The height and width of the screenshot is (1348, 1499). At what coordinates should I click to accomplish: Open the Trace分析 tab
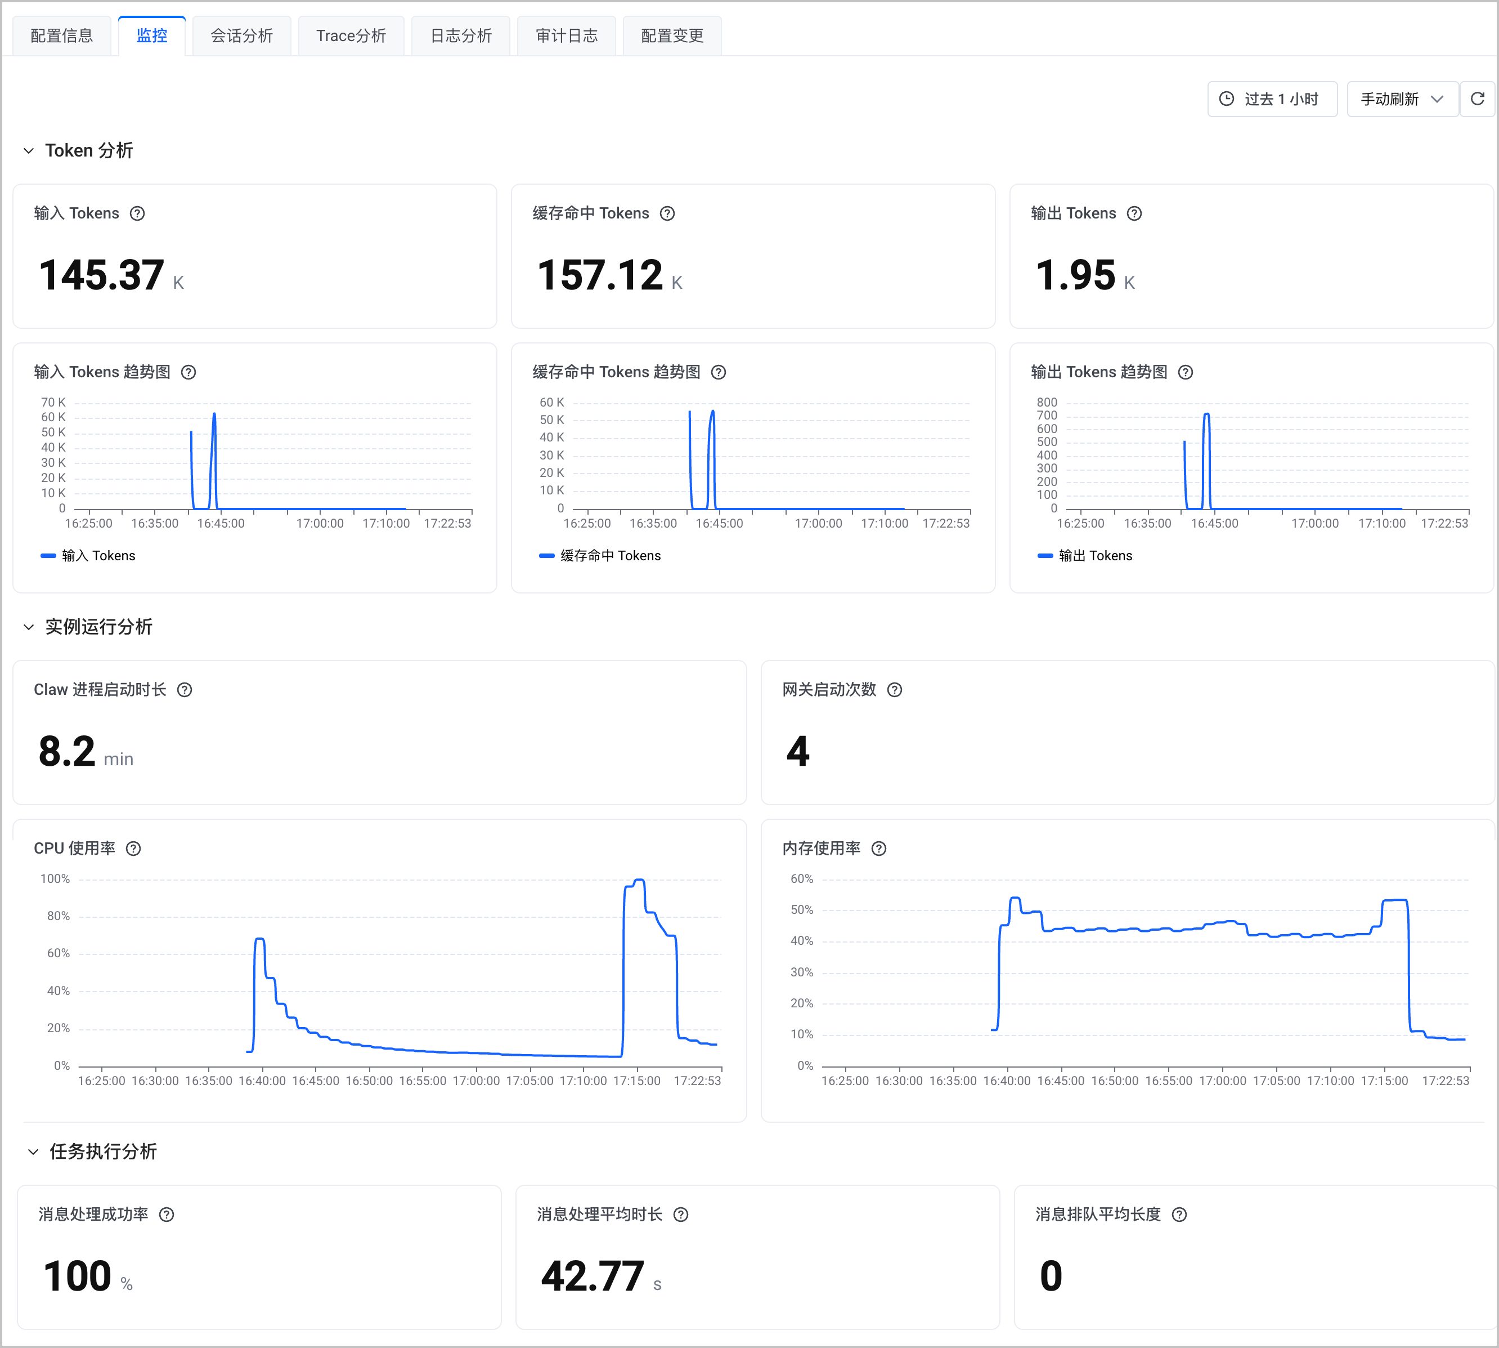point(351,35)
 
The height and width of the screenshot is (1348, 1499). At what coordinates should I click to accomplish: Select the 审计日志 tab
point(566,35)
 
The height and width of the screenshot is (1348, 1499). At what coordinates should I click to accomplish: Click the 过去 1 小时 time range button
point(1272,99)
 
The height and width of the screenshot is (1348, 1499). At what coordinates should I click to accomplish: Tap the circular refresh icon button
point(1478,99)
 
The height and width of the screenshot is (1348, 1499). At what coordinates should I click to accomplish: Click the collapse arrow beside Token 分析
point(29,151)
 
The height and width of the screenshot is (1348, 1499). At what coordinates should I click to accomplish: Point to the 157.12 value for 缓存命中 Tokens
point(600,275)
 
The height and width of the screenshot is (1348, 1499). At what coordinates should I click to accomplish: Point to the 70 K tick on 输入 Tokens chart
point(53,402)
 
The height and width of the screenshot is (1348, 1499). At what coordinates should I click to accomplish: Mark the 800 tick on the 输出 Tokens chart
point(1047,402)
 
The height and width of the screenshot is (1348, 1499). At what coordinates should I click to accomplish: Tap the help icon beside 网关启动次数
point(895,690)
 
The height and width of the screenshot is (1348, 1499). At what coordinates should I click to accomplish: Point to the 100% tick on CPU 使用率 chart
point(55,879)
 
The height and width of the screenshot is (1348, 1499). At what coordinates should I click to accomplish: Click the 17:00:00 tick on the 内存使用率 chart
point(1223,1081)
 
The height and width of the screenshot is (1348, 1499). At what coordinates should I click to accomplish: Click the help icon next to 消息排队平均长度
point(1180,1215)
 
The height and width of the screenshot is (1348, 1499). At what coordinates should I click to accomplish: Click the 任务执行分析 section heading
point(103,1151)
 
